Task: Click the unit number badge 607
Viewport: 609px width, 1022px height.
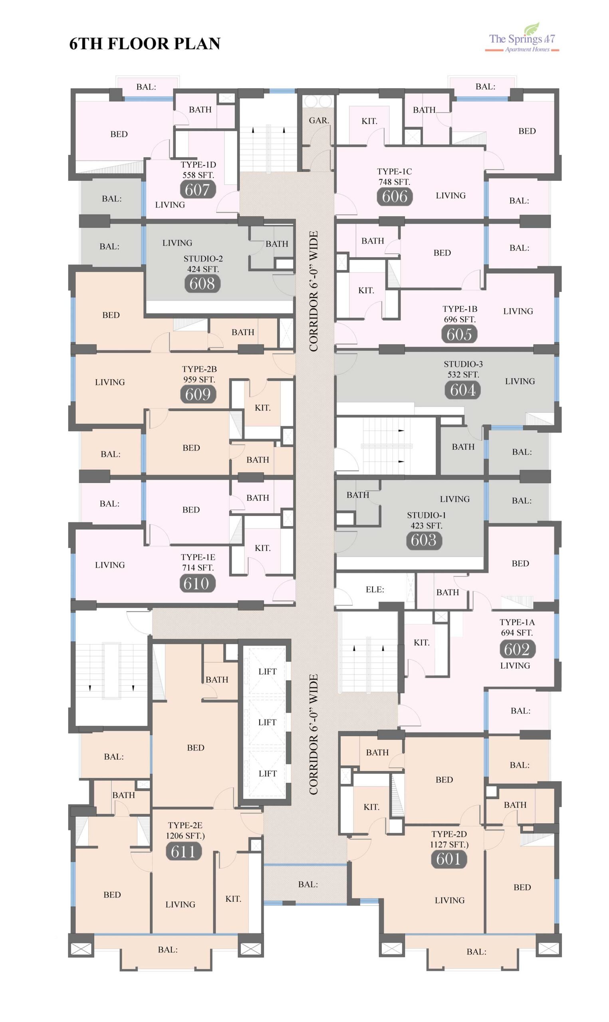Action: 197,190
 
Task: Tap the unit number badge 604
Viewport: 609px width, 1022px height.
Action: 462,390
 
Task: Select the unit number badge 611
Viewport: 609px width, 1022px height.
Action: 183,852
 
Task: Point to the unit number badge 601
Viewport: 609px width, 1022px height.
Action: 448,859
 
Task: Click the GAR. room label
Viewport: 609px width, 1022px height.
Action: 319,121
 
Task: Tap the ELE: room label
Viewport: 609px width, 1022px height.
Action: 375,590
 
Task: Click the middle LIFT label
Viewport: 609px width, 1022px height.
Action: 267,722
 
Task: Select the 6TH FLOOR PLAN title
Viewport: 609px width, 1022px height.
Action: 145,44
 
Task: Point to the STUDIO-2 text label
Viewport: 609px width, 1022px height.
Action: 203,259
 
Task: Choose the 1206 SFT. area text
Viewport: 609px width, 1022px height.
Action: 185,836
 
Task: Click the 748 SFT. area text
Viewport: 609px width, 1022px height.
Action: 394,182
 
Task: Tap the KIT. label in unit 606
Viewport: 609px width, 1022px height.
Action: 369,121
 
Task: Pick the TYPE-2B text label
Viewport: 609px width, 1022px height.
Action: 199,369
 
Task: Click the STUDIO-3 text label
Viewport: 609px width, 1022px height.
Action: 463,364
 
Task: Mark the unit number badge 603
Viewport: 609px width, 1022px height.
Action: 424,540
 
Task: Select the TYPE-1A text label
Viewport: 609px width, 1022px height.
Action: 517,622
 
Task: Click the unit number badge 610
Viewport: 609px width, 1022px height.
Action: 197,584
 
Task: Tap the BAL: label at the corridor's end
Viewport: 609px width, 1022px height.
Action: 308,885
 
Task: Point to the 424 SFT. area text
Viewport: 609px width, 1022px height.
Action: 203,269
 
